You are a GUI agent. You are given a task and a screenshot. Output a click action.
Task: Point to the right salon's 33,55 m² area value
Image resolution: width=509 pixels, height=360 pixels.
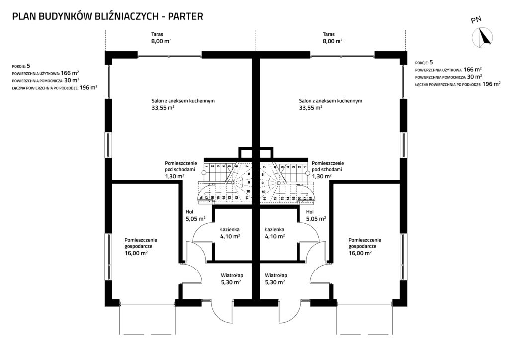(311, 107)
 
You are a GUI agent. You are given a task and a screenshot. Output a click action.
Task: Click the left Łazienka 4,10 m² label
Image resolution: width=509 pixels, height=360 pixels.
(230, 233)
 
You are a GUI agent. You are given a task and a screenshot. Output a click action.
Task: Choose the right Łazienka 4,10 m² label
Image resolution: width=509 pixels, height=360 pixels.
(275, 233)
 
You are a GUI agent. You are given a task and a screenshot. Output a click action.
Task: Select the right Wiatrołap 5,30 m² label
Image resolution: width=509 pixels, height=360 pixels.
(275, 278)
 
